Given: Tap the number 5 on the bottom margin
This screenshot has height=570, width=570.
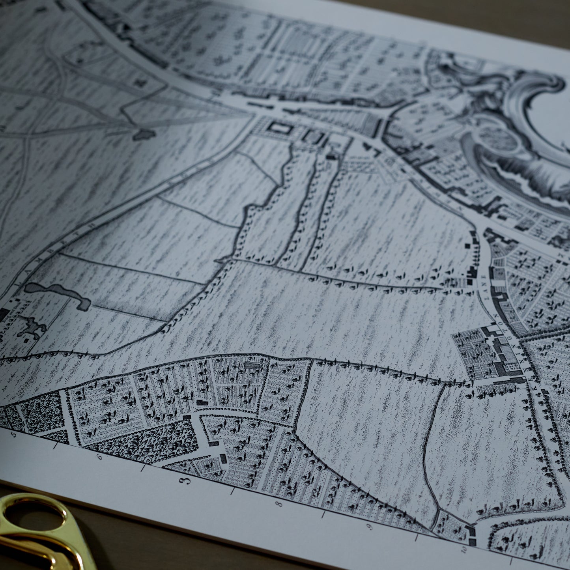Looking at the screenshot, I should click(x=15, y=434).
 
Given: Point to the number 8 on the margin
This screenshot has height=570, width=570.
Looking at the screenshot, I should click(x=279, y=504).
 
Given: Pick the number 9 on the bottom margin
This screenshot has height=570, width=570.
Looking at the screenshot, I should click(x=370, y=527).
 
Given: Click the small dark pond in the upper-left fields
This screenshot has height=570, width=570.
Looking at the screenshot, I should click(x=144, y=135).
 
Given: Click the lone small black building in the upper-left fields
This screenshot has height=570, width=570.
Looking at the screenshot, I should click(x=139, y=82).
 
